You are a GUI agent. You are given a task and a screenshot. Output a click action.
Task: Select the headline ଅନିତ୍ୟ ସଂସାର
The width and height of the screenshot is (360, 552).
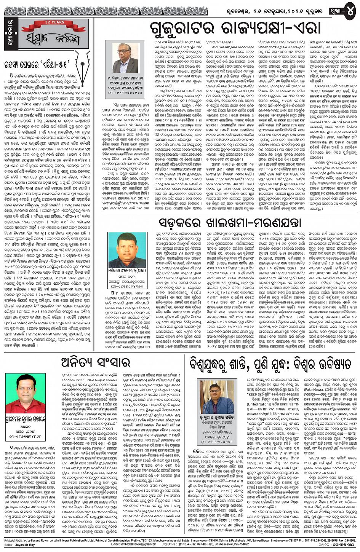(x=95, y=363)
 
